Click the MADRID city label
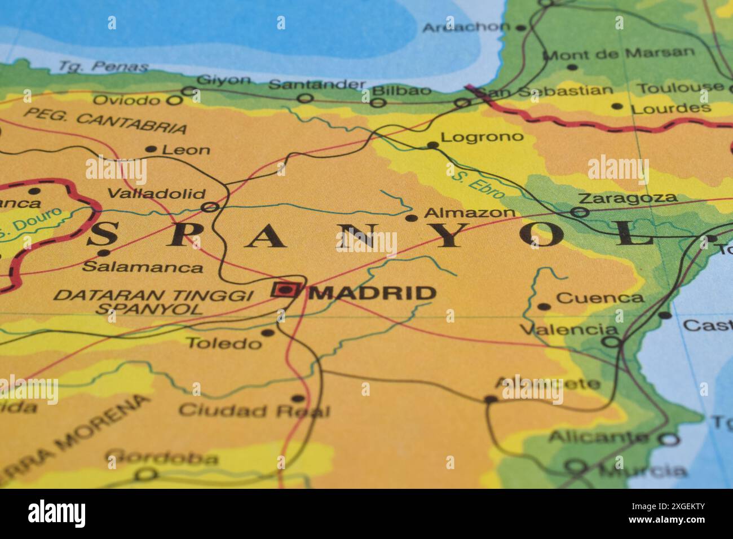[x=373, y=293]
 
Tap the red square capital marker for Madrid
[x=285, y=290]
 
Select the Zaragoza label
[x=628, y=198]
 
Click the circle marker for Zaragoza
[x=580, y=213]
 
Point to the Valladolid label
[x=156, y=194]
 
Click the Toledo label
[x=224, y=343]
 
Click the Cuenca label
[x=599, y=298]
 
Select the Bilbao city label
[x=402, y=90]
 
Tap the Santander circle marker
[x=306, y=99]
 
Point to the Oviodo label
[x=126, y=100]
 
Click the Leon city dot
[x=151, y=149]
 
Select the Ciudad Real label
[x=254, y=410]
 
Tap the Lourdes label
[x=670, y=108]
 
